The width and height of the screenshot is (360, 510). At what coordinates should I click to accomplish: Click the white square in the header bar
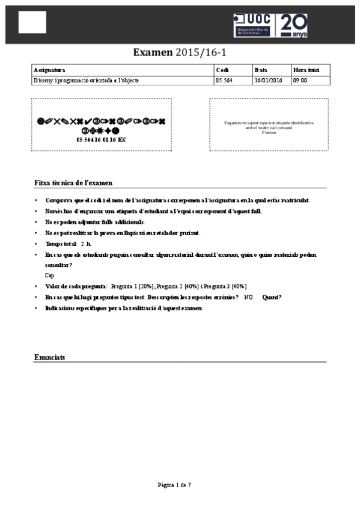tap(32, 22)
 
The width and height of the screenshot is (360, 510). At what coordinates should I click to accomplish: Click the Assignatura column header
tap(50, 70)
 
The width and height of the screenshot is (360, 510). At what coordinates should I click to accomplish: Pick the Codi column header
tap(222, 70)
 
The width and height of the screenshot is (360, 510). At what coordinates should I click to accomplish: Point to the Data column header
tap(261, 70)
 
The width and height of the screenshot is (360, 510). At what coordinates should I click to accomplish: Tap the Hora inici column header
tap(304, 70)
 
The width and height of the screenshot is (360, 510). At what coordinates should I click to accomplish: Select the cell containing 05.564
tap(224, 80)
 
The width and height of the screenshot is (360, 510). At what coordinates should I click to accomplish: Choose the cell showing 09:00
tap(300, 80)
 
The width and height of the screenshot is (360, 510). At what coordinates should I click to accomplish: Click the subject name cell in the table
tap(87, 80)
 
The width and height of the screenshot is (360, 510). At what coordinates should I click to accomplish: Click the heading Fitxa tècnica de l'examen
tap(73, 182)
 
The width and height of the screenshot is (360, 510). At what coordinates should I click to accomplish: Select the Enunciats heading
tap(50, 357)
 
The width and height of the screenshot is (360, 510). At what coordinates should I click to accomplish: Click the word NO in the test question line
tap(248, 297)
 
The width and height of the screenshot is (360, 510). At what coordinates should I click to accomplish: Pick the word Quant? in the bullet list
tap(272, 297)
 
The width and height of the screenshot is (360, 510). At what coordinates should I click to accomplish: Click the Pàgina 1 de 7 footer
tap(174, 485)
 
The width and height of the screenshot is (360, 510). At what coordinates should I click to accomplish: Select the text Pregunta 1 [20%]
tap(130, 286)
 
